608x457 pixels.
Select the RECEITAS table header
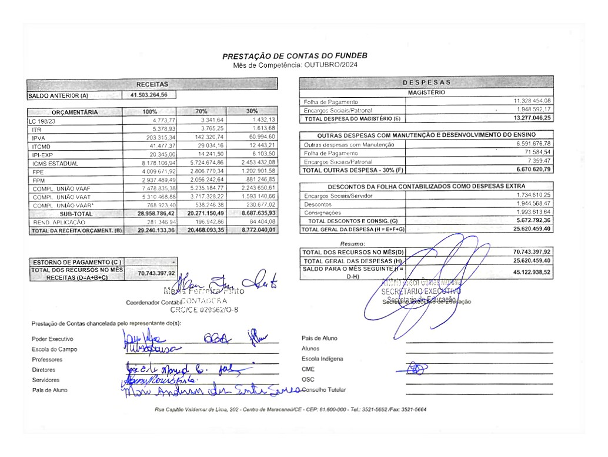pyautogui.click(x=152, y=84)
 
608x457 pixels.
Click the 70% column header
pyautogui.click(x=201, y=111)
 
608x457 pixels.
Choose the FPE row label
pyautogui.click(x=39, y=172)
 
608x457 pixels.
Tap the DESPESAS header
pyautogui.click(x=427, y=82)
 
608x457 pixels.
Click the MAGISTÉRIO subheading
pyautogui.click(x=426, y=92)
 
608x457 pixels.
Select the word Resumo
pyautogui.click(x=353, y=243)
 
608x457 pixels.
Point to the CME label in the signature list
pyautogui.click(x=308, y=369)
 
